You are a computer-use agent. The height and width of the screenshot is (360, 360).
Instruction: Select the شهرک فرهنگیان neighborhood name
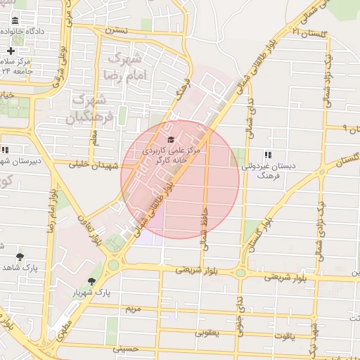click(x=91, y=108)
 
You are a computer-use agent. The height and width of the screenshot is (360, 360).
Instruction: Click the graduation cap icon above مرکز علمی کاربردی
click(x=171, y=139)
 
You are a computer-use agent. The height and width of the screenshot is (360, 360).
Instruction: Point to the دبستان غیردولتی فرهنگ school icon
click(x=268, y=155)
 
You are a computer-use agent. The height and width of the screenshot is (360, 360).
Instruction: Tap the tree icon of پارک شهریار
click(x=91, y=281)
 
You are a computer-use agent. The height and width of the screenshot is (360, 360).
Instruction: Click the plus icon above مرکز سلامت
click(x=11, y=51)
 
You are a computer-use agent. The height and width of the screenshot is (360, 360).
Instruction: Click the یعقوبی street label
click(x=207, y=330)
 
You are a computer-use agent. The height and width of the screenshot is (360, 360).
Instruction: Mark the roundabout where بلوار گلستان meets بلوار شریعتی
click(x=240, y=272)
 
